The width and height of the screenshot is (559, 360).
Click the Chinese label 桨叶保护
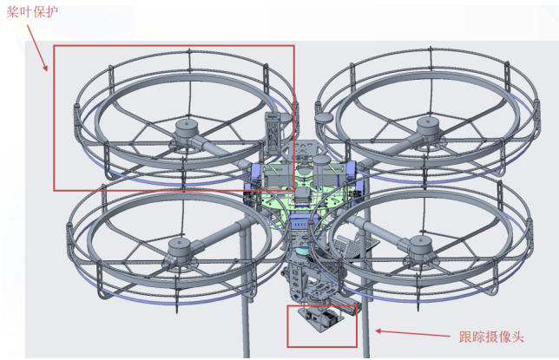point(32,12)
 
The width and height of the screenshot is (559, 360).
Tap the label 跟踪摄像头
point(491,337)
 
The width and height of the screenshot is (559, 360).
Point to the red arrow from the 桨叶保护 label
point(37,48)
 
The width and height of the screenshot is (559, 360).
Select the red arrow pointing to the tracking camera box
point(412,333)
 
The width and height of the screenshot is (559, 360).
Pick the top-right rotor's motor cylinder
point(429,128)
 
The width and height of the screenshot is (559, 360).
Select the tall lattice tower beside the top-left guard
point(273,133)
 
